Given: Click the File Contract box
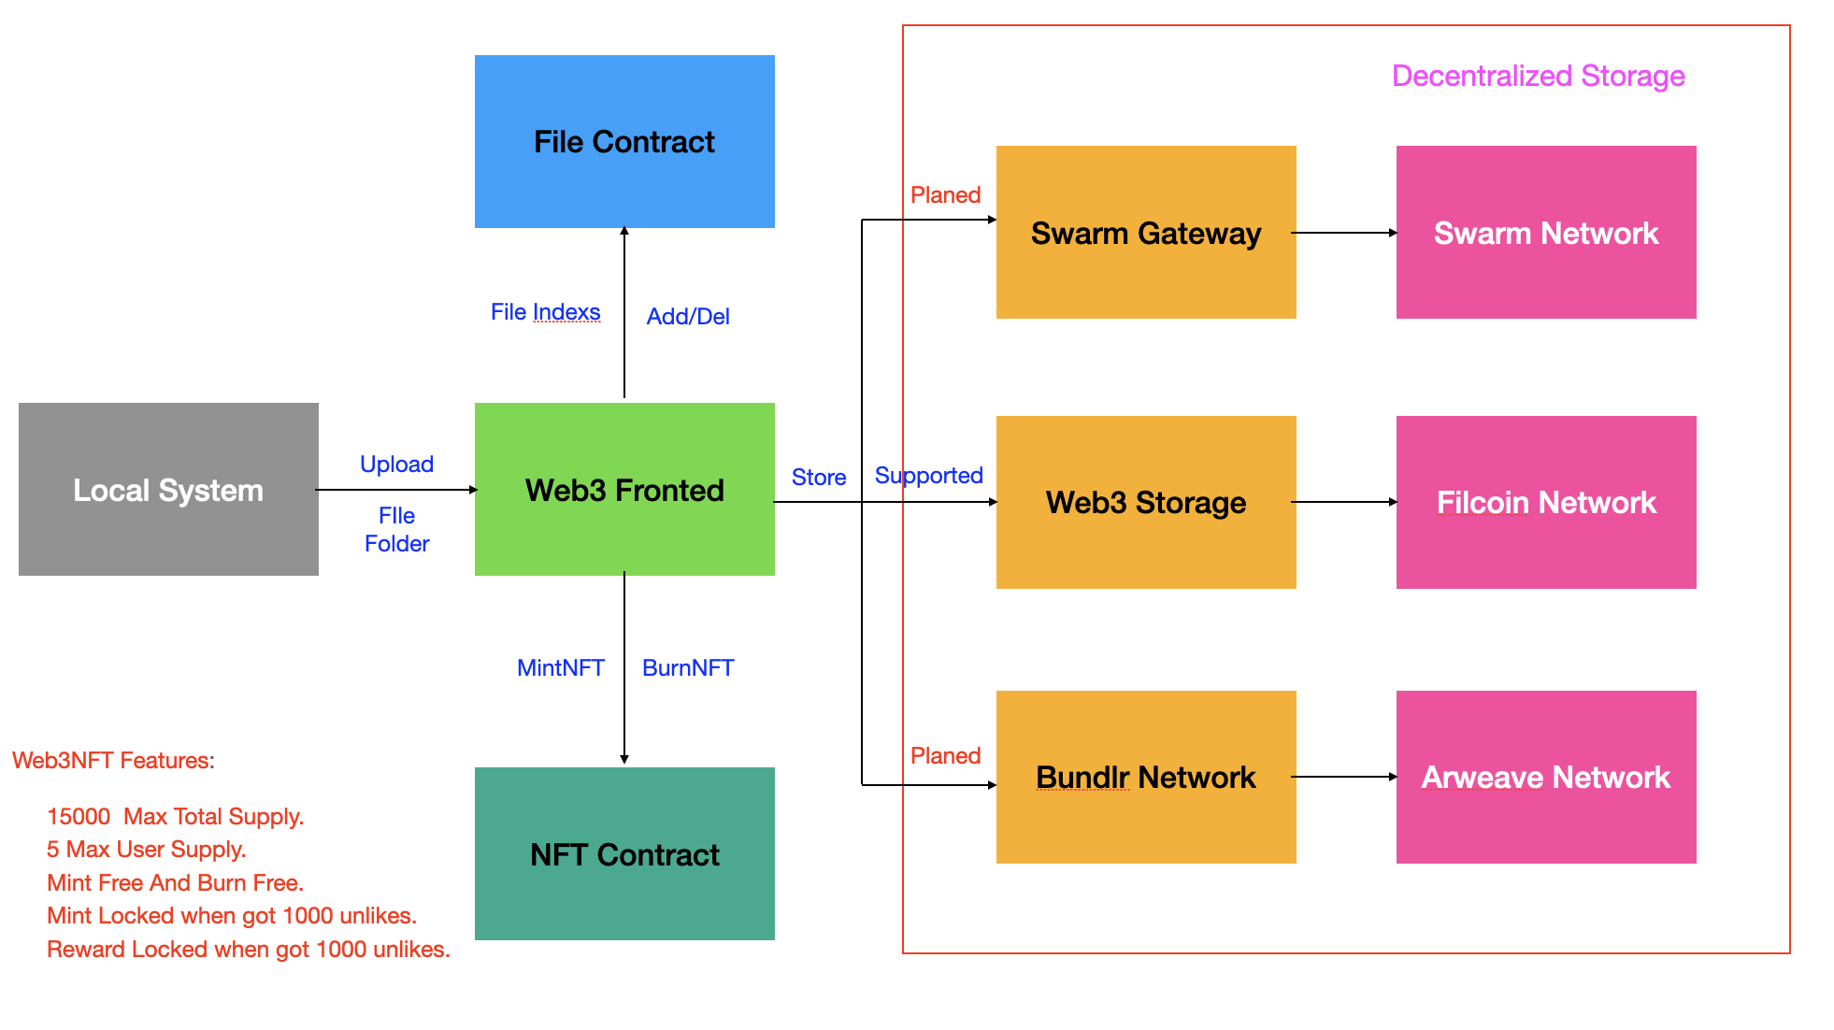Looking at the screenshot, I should click(624, 141).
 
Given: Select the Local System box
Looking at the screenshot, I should click(168, 489).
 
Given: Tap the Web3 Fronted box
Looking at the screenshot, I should click(624, 489).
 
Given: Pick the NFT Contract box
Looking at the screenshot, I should click(624, 853).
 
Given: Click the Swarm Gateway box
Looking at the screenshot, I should click(1146, 232).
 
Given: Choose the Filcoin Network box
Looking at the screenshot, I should click(1546, 502).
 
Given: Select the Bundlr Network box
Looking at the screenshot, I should click(1146, 777).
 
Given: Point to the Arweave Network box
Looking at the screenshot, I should click(1546, 777).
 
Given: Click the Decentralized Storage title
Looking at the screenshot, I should click(1538, 76).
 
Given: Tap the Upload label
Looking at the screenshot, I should click(396, 464).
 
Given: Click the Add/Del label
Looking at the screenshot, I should click(688, 316).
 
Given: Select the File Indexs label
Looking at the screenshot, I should click(545, 312).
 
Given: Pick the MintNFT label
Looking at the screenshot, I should click(561, 667).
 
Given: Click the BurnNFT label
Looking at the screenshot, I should click(688, 667).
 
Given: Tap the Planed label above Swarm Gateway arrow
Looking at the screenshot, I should click(945, 194).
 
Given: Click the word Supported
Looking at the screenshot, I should click(928, 475).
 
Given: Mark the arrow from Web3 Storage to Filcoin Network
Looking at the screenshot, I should click(1344, 502).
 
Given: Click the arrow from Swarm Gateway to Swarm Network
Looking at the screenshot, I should click(1344, 233).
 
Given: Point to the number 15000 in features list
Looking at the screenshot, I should click(79, 816).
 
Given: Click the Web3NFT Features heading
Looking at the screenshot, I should click(113, 760).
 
